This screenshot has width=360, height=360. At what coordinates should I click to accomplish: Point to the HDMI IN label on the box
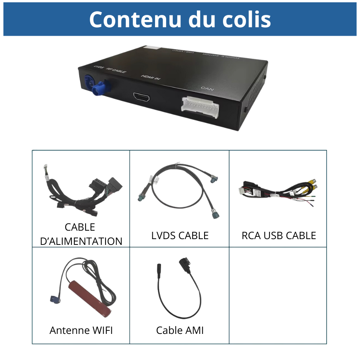[x=151, y=77]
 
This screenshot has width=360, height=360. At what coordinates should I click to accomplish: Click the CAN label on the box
[x=207, y=89]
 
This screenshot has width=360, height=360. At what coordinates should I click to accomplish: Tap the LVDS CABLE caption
[x=180, y=236]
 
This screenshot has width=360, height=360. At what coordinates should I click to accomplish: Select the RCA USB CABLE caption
[x=279, y=236]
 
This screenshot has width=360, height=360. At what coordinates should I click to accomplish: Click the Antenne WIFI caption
[x=81, y=330]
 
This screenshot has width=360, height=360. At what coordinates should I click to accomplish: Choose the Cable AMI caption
[x=180, y=330]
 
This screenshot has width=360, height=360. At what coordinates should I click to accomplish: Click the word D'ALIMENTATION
[x=81, y=241]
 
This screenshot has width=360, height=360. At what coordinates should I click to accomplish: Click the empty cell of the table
[x=278, y=296]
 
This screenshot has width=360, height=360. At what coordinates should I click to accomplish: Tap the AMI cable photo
[x=180, y=288]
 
